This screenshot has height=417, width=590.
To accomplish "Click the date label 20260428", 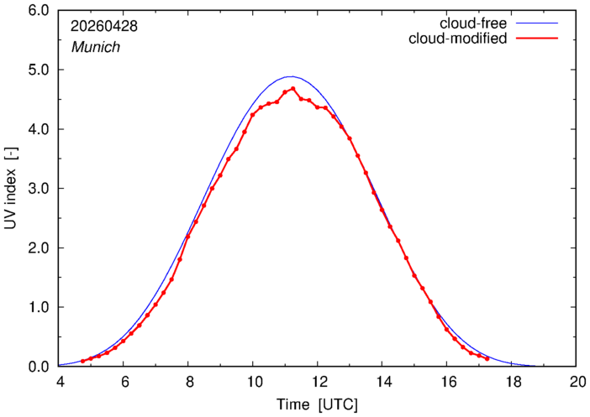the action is (x=104, y=26).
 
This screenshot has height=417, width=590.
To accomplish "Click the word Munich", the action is (x=96, y=47).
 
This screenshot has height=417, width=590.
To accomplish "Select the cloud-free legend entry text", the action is (x=473, y=23).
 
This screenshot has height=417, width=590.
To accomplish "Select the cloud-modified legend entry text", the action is (x=457, y=39).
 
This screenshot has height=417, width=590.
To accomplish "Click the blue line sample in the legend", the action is (x=537, y=23).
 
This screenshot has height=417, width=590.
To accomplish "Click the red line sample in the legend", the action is (x=537, y=39).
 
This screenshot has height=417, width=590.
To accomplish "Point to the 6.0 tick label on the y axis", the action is (x=39, y=11).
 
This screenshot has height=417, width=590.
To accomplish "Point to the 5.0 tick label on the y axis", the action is (x=39, y=70).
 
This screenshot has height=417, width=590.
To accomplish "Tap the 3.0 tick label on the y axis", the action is (x=39, y=189).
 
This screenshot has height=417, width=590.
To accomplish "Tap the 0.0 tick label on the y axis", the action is (x=39, y=367).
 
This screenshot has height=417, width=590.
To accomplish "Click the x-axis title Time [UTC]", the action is (x=317, y=405).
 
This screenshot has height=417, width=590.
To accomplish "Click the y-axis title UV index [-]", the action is (x=11, y=188).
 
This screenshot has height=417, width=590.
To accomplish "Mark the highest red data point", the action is (x=292, y=89).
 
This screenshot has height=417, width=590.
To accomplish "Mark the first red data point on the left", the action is (x=82, y=361).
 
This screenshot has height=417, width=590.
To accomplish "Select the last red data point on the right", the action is (x=487, y=359).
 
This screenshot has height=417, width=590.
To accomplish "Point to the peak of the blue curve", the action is (x=292, y=76).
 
